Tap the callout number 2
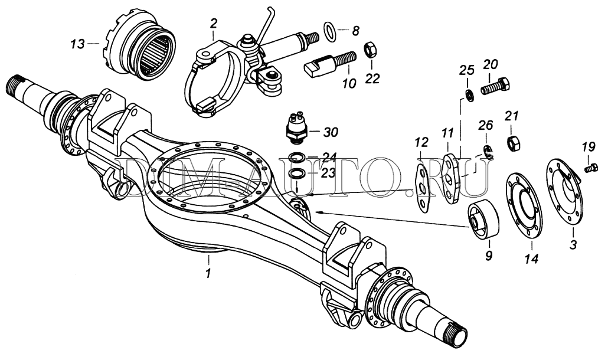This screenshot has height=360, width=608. (x=213, y=24)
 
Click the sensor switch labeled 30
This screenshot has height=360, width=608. (x=295, y=126)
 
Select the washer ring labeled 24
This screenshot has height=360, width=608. (x=297, y=158)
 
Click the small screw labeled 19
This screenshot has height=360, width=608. (x=587, y=169)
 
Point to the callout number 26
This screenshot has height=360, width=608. (x=485, y=125)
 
